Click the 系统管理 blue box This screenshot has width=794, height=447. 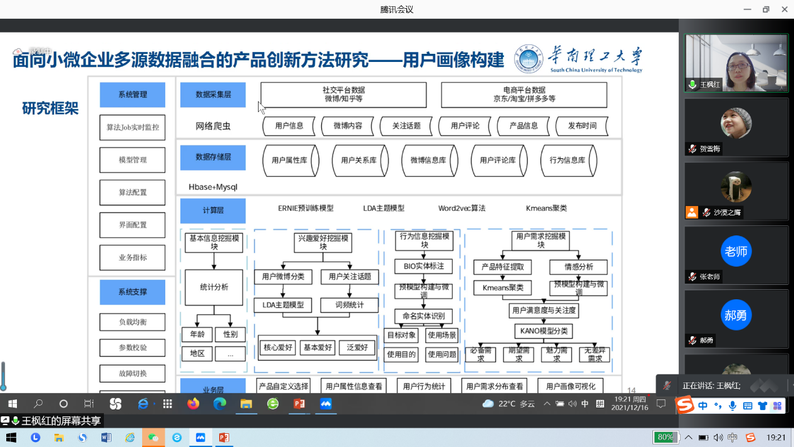(x=132, y=95)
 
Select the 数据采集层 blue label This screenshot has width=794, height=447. (x=213, y=95)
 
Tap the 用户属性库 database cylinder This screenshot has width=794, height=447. (x=290, y=160)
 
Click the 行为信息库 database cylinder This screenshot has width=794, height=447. (x=567, y=160)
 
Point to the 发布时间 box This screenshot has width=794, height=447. (x=582, y=126)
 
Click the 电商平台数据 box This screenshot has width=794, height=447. (x=524, y=95)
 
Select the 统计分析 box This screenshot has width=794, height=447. (x=214, y=287)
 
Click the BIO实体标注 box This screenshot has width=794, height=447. (x=423, y=266)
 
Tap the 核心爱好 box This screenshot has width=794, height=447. (x=277, y=347)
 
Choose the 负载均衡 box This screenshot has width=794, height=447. (x=132, y=322)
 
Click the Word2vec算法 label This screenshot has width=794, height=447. (x=461, y=208)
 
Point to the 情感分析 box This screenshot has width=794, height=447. (x=579, y=267)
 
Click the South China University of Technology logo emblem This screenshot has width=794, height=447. (x=529, y=59)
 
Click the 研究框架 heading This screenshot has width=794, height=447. (x=50, y=108)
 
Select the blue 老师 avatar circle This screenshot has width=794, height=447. (x=736, y=252)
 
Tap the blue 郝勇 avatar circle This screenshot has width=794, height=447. (x=736, y=316)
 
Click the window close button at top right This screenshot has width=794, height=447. (x=784, y=9)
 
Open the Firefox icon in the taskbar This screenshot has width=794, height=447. (x=193, y=404)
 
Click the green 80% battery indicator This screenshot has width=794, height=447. (x=665, y=437)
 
